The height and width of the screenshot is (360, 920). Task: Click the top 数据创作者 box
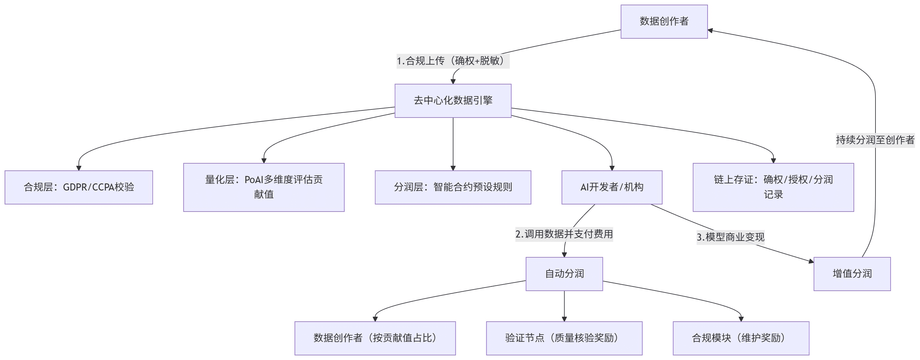(664, 21)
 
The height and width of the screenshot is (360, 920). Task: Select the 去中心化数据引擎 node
(453, 101)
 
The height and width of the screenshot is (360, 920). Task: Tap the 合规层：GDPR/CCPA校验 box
(79, 187)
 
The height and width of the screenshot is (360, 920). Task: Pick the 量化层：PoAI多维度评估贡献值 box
(264, 187)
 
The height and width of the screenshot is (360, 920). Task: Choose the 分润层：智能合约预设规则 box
(453, 187)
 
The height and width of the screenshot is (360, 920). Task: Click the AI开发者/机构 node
(612, 187)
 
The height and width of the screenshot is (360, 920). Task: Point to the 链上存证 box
(773, 187)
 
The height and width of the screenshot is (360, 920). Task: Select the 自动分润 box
(564, 274)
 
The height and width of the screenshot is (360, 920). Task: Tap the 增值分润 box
(852, 274)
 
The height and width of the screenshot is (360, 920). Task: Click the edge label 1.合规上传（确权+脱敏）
(453, 61)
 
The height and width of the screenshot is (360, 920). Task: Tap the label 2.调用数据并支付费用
(564, 234)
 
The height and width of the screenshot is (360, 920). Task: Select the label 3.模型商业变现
(731, 237)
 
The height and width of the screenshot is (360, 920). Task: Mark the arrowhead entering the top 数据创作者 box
(710, 31)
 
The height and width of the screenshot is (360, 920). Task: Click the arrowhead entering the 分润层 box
(453, 168)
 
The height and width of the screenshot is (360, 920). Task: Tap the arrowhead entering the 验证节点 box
(564, 319)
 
